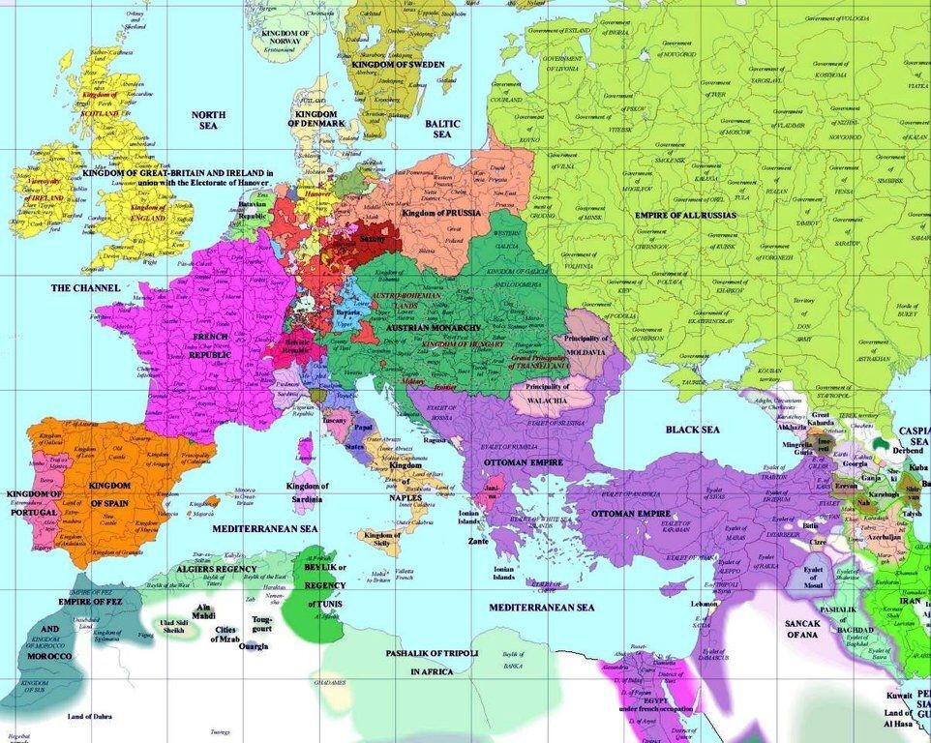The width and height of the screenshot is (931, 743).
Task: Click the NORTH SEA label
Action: click(x=208, y=120)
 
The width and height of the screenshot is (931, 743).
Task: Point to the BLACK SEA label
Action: click(x=691, y=428)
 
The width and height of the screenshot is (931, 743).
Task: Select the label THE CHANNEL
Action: click(x=85, y=288)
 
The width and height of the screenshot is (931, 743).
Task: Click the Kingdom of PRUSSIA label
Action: click(x=440, y=212)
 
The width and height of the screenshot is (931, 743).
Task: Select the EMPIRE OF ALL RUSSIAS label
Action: click(x=685, y=214)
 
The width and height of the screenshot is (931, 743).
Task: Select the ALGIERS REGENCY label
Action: click(x=216, y=570)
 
